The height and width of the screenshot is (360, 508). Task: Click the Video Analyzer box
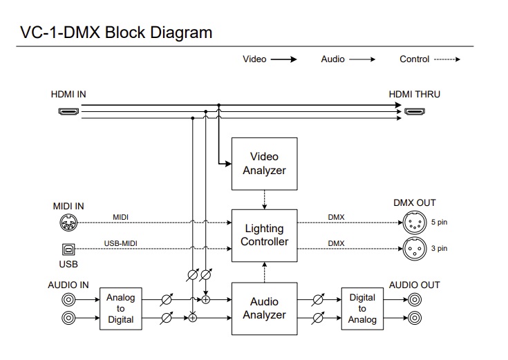click(264, 164)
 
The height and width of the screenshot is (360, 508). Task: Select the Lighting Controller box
click(264, 235)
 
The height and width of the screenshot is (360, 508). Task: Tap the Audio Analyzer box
click(264, 308)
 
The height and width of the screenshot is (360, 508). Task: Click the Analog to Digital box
click(120, 308)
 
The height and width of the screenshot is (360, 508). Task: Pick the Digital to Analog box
click(362, 308)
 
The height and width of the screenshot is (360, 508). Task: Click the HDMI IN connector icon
click(68, 111)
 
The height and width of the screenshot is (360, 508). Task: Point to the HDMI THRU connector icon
click(415, 111)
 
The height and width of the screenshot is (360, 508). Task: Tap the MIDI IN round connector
click(68, 222)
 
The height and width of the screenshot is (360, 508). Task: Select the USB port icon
click(68, 249)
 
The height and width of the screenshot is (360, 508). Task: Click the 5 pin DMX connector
click(415, 222)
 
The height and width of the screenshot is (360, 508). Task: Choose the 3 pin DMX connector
click(415, 249)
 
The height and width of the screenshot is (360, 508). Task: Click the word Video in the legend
click(254, 59)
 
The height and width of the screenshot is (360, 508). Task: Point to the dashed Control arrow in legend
click(447, 59)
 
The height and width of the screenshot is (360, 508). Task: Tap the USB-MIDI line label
click(120, 243)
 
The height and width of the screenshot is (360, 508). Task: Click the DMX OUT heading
click(415, 203)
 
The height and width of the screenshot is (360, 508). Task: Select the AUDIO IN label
click(68, 285)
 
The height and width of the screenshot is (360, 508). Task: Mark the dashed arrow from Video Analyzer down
click(264, 200)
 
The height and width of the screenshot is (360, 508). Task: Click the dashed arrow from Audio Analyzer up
click(264, 272)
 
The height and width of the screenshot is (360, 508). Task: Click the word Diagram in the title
click(181, 32)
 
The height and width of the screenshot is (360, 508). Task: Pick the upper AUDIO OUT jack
click(415, 299)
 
